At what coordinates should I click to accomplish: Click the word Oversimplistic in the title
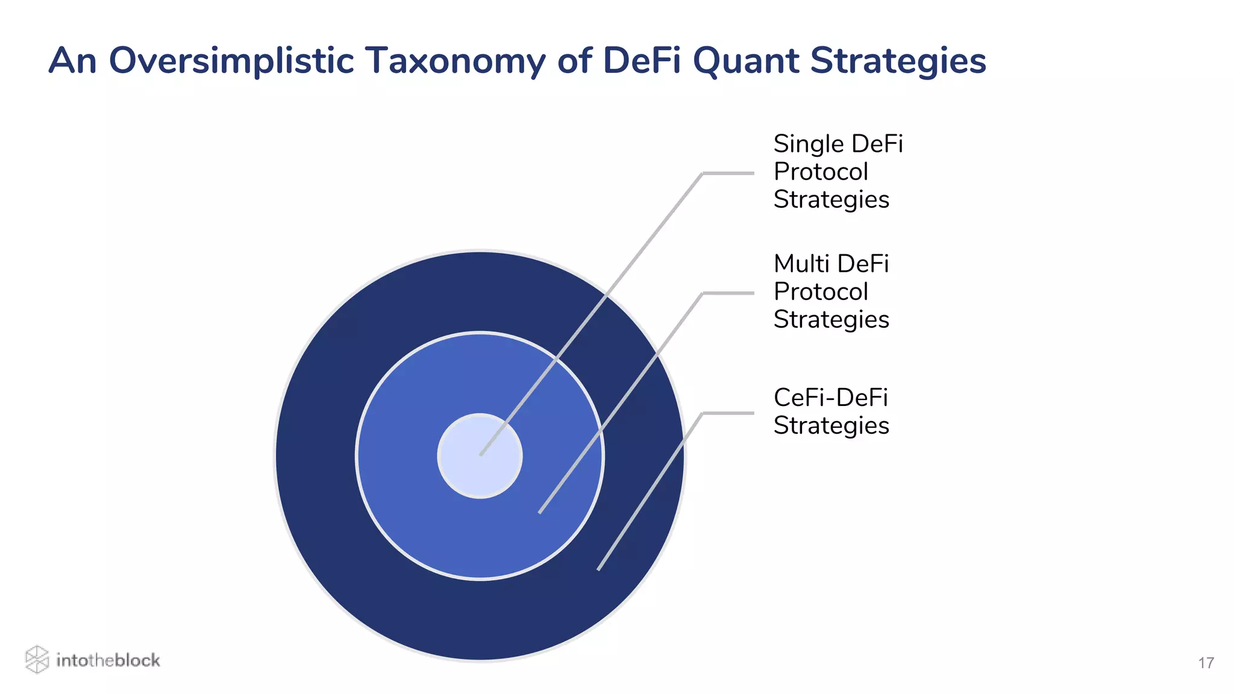[x=230, y=61]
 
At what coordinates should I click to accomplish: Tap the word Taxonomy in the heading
[x=454, y=61]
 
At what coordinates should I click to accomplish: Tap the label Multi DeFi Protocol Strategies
[x=832, y=292]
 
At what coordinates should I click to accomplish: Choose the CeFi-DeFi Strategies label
[x=831, y=411]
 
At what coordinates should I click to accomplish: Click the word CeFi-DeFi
[x=830, y=398]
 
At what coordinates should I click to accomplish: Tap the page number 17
[x=1206, y=663]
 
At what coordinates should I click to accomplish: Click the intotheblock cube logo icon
[x=37, y=659]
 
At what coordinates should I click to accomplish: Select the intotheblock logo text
[x=108, y=660]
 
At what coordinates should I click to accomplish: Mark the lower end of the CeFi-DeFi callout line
[x=599, y=568]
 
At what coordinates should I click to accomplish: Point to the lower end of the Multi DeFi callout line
[x=540, y=511]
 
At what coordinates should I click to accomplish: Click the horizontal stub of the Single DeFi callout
[x=728, y=173]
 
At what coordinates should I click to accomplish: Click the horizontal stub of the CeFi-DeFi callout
[x=728, y=413]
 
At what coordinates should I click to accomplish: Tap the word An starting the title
[x=72, y=61]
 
